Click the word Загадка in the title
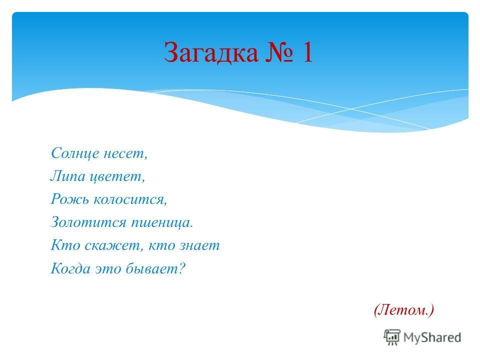click(211, 52)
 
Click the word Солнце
click(75, 153)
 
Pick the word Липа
click(68, 176)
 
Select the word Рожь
click(70, 199)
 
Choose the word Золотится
click(89, 222)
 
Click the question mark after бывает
click(181, 268)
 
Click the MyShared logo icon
click(391, 337)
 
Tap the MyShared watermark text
click(432, 337)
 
